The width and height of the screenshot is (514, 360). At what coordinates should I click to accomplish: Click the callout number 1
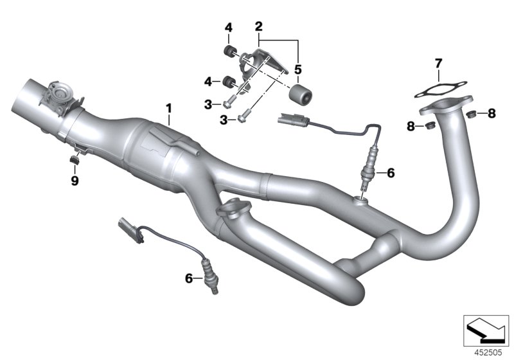coord(169,108)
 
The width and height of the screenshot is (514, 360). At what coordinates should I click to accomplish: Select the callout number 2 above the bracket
coord(259,26)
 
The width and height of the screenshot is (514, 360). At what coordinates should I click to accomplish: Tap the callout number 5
coord(297,67)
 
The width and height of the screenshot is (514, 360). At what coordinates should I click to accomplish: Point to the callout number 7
coord(438,63)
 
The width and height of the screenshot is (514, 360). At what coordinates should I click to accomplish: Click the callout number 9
coord(75,181)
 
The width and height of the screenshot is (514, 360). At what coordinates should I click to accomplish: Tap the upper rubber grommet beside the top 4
coord(228,51)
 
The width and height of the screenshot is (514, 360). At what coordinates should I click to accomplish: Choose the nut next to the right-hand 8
coord(471,115)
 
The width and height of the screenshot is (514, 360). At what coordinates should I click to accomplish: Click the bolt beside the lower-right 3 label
coord(243,118)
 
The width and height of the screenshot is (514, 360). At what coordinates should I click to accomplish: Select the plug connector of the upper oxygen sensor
coord(288,118)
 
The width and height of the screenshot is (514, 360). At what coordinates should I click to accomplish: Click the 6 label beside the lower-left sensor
coord(188,278)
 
